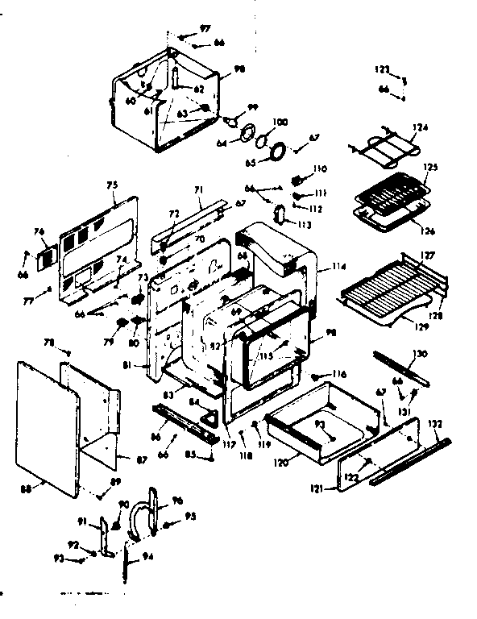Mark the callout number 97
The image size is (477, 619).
(205, 28)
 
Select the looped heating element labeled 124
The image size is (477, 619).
(383, 147)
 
